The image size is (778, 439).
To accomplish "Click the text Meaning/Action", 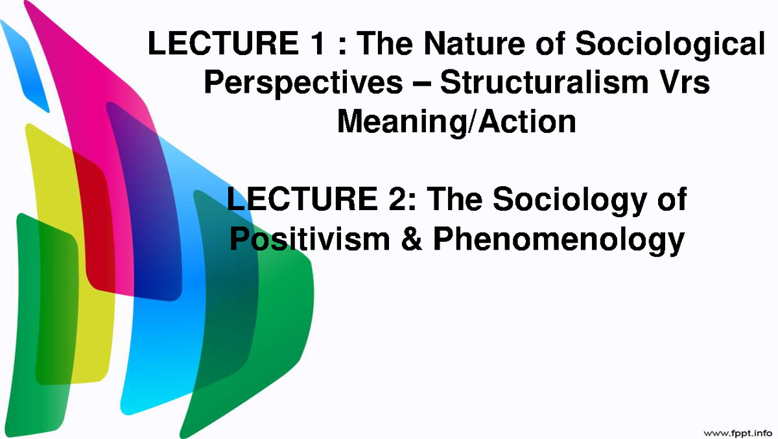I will pyautogui.click(x=456, y=121).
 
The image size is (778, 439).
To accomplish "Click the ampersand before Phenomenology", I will pyautogui.click(x=408, y=239).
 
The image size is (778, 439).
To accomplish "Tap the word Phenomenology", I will pyautogui.click(x=558, y=241).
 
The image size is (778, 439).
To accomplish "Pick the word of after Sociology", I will pyautogui.click(x=670, y=200).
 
